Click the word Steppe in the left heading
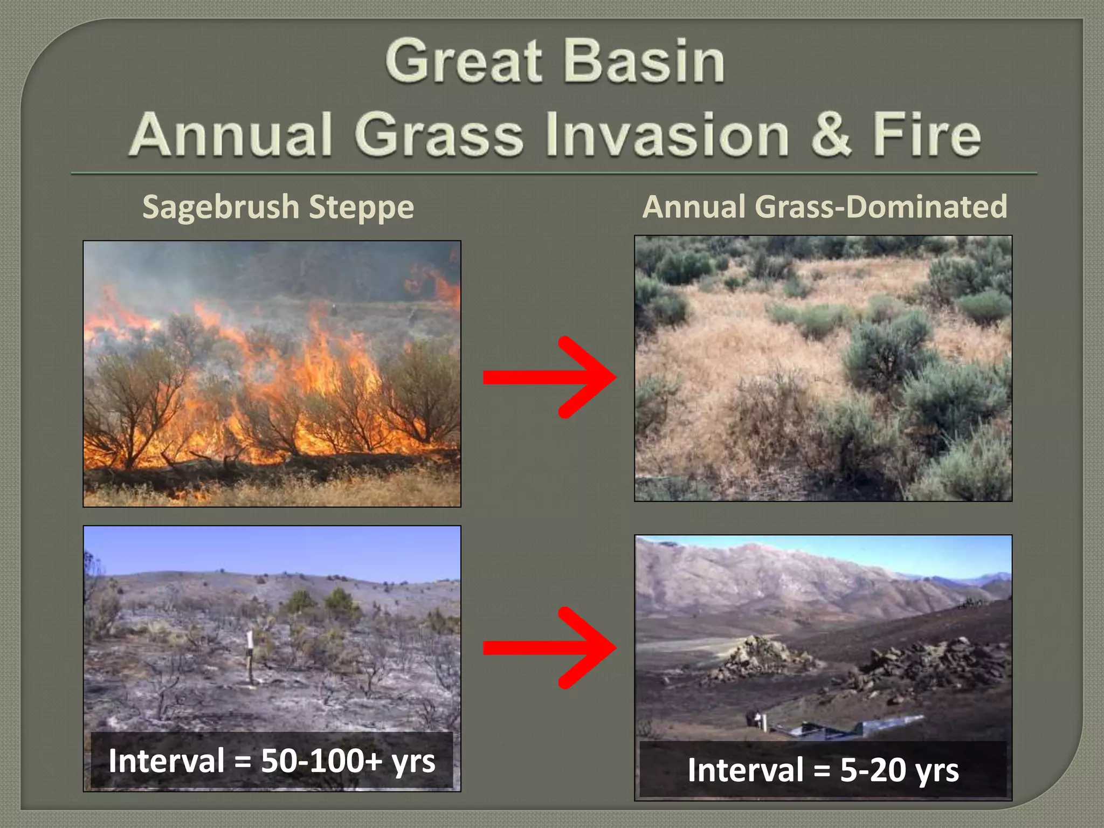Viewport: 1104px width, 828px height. pos(362,208)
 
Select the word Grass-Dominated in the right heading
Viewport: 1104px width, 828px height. pos(881,206)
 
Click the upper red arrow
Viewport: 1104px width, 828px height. pos(550,377)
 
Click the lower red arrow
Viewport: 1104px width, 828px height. pos(550,647)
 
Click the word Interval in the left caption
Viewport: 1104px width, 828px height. pos(166,761)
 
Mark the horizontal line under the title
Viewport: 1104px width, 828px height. pos(554,174)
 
